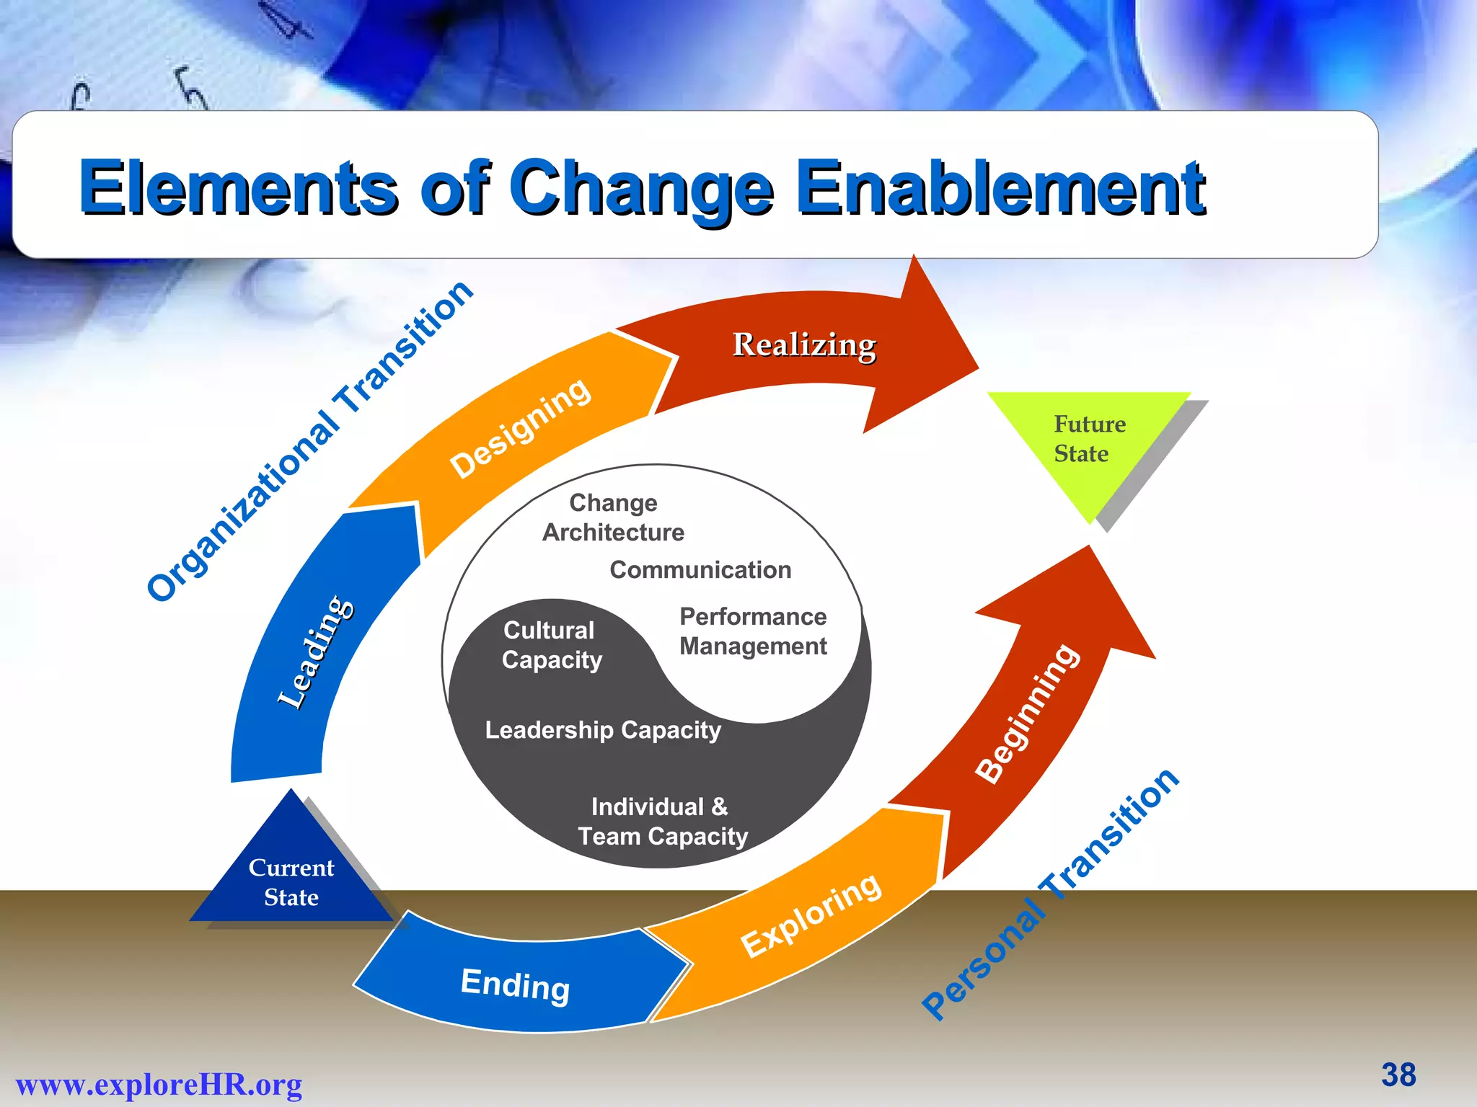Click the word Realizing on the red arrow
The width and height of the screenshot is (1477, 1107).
tap(804, 345)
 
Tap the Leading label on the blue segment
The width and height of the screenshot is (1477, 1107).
tap(316, 652)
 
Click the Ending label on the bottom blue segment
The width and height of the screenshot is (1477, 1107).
tap(515, 984)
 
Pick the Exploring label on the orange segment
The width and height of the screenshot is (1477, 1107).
tap(811, 915)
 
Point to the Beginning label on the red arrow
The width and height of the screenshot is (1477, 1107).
tap(1028, 713)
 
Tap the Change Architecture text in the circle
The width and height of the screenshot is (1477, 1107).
tap(613, 517)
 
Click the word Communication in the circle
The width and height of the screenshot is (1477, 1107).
tap(700, 570)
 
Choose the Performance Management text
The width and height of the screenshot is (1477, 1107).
tap(753, 631)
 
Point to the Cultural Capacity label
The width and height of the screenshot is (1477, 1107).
tap(551, 645)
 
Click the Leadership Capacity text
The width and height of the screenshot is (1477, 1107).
tap(603, 730)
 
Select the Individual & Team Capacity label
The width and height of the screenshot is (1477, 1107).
tap(662, 822)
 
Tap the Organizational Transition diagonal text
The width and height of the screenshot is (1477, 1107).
tap(310, 440)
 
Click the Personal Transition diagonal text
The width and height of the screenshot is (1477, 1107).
tap(1051, 894)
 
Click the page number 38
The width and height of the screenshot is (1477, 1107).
tap(1398, 1075)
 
